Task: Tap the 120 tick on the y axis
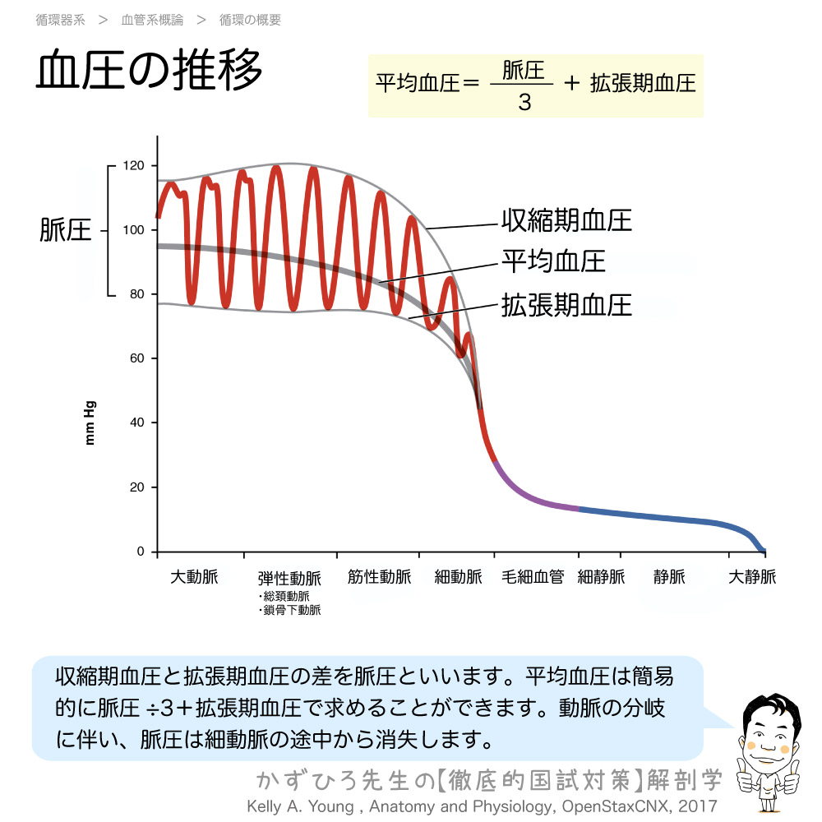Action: pos(134,166)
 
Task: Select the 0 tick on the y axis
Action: pos(141,552)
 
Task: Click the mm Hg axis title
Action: pos(90,423)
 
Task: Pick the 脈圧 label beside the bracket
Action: pos(65,231)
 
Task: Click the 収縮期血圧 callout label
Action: pos(566,220)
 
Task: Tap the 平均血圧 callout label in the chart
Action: pos(553,261)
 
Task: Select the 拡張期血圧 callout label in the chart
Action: pos(566,305)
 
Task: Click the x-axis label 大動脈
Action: pos(194,577)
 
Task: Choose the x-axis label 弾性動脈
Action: pos(289,578)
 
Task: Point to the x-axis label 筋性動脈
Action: pos(379,577)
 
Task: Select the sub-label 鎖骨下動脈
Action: pos(291,610)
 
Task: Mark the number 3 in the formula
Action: pos(524,104)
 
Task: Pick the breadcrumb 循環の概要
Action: pos(251,20)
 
